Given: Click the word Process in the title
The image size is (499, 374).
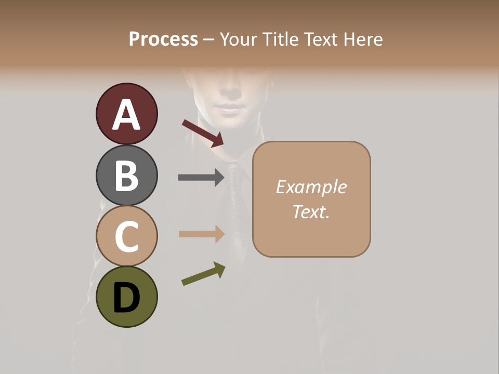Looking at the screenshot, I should pos(164,39).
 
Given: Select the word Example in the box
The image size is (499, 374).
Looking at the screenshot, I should pos(311,187).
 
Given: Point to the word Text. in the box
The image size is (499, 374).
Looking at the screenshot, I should pos(311,211).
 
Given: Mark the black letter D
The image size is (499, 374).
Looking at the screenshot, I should pos(126,298).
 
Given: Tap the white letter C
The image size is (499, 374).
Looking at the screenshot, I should pos(126,236).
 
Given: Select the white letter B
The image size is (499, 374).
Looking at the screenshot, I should pos(126,176).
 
